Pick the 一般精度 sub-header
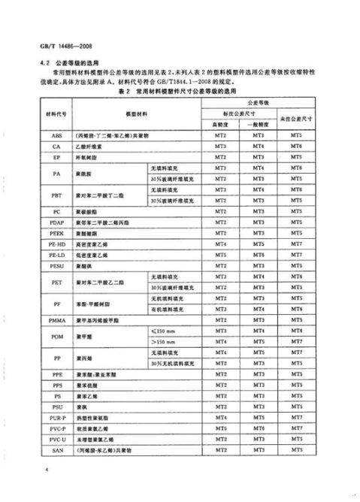(258, 124)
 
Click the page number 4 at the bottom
(47, 469)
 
